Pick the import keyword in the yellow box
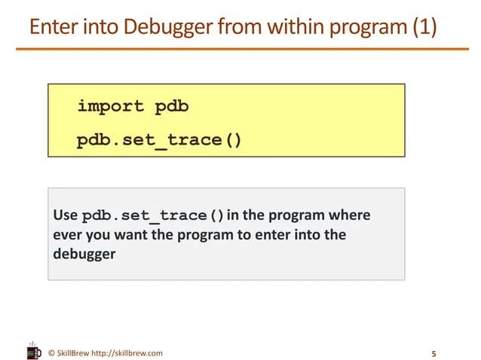tap(110, 106)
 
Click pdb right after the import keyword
tap(172, 106)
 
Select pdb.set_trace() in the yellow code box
tap(159, 140)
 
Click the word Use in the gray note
tap(64, 215)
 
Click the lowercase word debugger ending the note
tap(84, 254)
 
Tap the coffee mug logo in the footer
tap(34, 352)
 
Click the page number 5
tap(434, 353)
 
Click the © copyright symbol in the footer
tap(51, 352)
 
